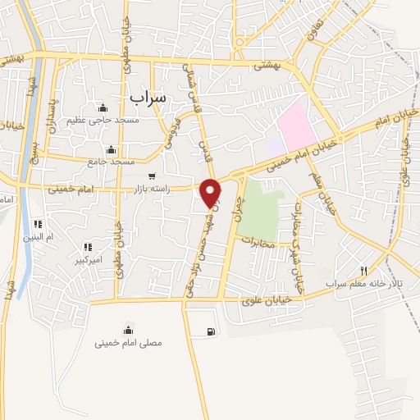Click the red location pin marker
pos(212,193)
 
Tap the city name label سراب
pos(148,96)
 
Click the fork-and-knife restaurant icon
pos(364,270)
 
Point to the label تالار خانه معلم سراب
pos(364,284)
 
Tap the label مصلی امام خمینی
pos(128,344)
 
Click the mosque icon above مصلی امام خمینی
pos(128,331)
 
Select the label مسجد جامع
pos(111,162)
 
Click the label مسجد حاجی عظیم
pos(103,121)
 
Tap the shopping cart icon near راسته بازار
pos(151,176)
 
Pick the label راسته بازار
pos(150,189)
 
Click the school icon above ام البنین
pos(37,224)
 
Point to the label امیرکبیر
pos(87,260)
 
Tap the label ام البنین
pos(37,237)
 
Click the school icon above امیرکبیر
pos(87,247)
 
